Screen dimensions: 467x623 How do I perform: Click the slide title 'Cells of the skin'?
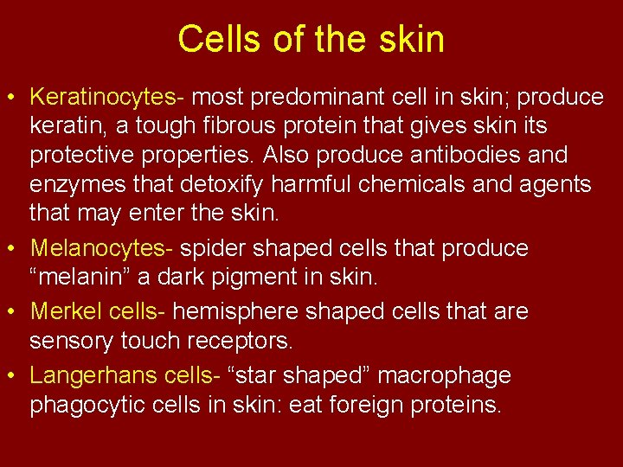tap(311, 39)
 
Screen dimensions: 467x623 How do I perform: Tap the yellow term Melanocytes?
tap(99, 248)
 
